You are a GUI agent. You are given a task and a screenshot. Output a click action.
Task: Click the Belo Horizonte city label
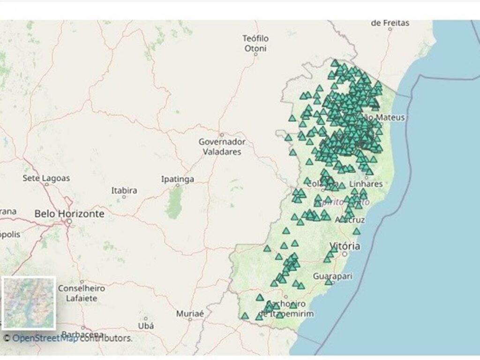click(69, 213)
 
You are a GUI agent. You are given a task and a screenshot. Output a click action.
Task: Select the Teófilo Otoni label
click(255, 43)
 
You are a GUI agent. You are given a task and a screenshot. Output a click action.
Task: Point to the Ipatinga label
click(177, 179)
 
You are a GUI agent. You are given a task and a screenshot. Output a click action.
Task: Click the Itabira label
click(124, 190)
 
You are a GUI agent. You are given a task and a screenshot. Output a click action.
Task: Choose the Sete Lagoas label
click(46, 178)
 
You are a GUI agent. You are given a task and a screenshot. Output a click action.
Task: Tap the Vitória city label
click(345, 246)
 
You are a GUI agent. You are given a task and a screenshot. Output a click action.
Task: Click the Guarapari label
click(333, 276)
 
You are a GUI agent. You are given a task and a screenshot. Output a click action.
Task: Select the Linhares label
click(366, 184)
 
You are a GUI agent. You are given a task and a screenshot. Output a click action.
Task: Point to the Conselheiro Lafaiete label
click(81, 292)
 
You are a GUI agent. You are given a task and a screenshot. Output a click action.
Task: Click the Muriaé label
click(190, 313)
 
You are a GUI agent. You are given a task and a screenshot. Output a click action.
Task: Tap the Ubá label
click(146, 325)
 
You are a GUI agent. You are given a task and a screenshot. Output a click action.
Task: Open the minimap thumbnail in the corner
click(29, 303)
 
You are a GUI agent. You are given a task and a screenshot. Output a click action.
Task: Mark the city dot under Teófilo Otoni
click(255, 54)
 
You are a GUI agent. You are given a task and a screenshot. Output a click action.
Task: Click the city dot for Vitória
click(345, 254)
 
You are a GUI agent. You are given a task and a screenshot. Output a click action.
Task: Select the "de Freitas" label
click(390, 22)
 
